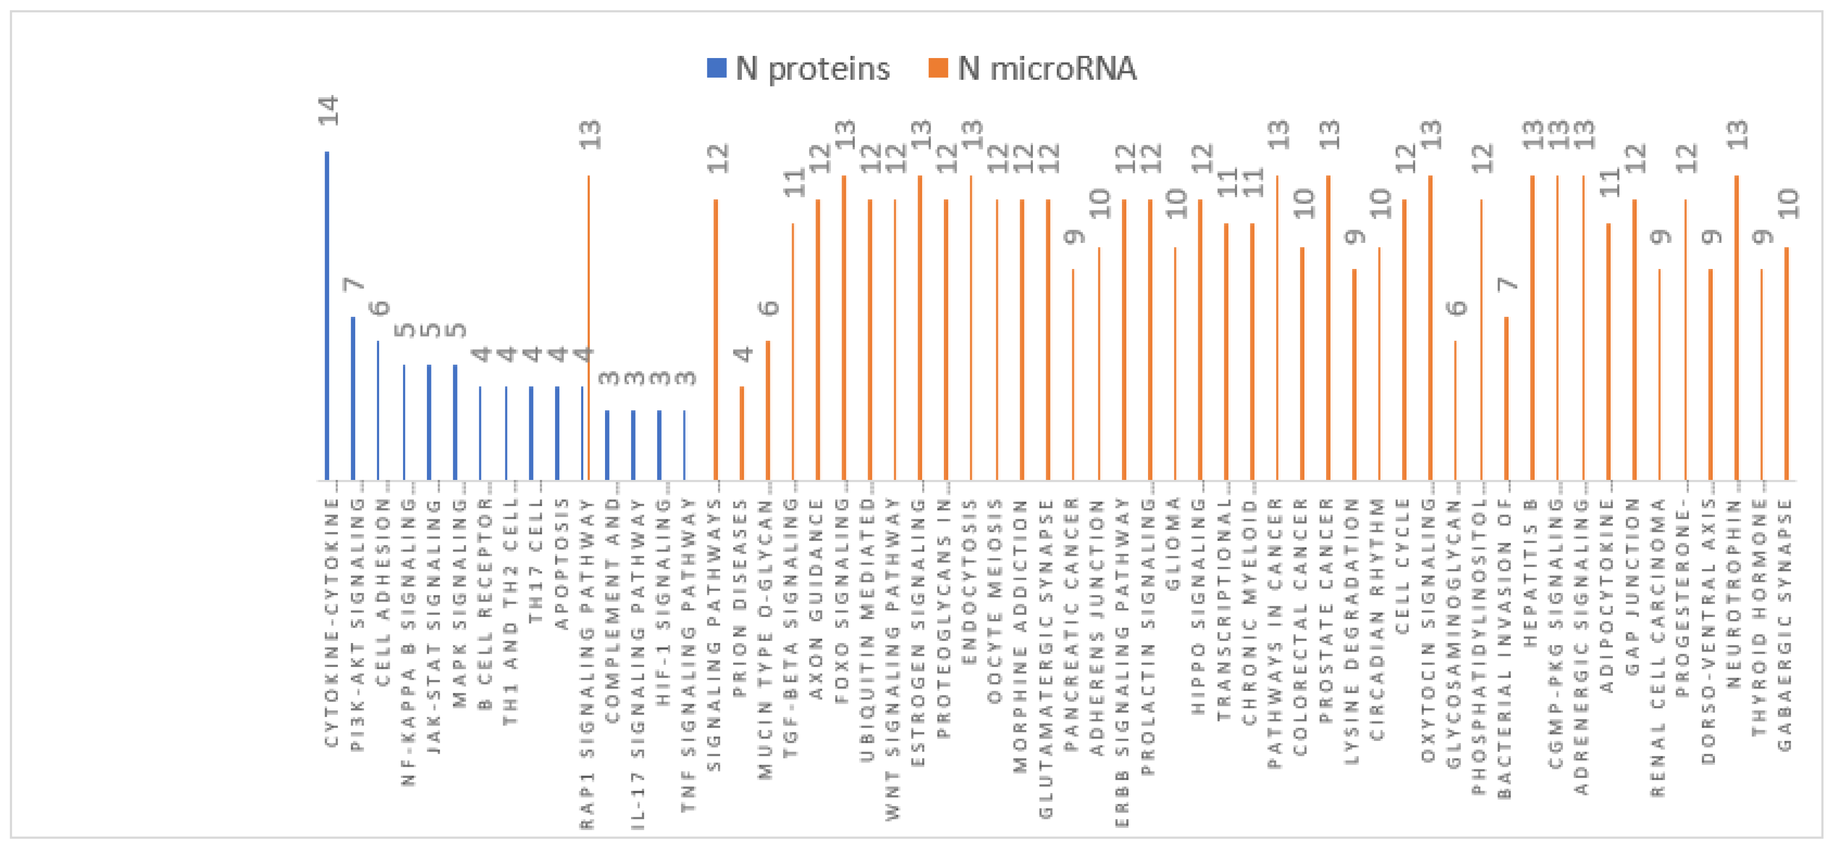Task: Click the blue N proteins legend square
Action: click(716, 68)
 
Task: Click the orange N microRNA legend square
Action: click(938, 68)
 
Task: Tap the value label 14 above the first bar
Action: click(328, 110)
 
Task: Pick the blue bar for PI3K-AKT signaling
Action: click(353, 398)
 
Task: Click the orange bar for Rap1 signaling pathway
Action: click(588, 328)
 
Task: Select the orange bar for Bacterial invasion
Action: click(1507, 398)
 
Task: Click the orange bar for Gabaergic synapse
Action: click(1787, 363)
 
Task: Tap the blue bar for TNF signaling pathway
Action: click(685, 445)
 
